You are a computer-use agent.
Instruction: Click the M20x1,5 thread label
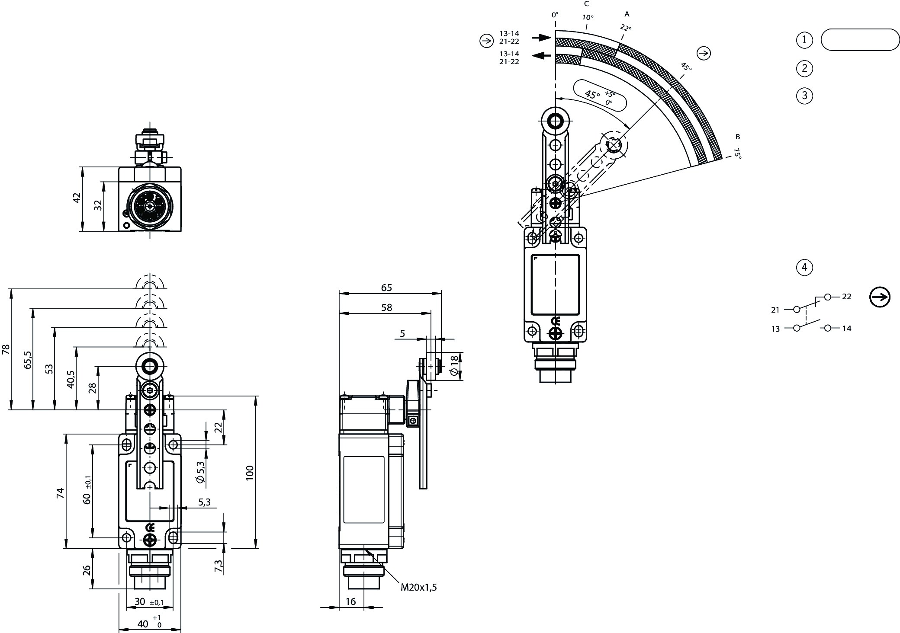(418, 587)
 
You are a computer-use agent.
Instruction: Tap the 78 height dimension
(6, 349)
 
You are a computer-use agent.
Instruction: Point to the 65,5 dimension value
(28, 359)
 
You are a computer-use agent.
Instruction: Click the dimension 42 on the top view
(77, 198)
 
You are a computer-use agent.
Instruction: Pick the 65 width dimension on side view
(386, 288)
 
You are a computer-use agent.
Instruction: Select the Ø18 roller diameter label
(454, 365)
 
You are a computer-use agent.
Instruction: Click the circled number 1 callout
(804, 40)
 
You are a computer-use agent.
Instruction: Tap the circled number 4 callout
(804, 267)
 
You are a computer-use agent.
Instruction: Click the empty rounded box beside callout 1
(859, 40)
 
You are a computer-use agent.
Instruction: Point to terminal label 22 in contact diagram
(847, 297)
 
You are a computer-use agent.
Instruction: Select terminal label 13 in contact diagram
(775, 329)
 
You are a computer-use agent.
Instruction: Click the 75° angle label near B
(737, 153)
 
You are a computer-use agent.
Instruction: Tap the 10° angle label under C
(588, 18)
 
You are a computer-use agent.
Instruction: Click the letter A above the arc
(627, 14)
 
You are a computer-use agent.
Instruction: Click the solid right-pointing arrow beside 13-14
(541, 38)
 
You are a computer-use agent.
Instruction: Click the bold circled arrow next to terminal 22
(880, 297)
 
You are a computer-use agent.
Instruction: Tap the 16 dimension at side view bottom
(350, 601)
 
